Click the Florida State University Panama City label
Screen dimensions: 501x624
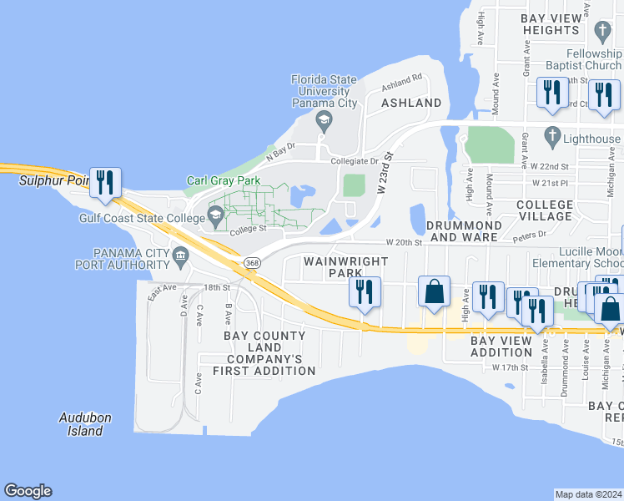tap(324, 91)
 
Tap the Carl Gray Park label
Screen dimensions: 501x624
tap(224, 180)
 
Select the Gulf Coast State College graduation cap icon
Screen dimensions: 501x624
tap(215, 217)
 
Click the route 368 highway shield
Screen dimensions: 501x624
tap(251, 263)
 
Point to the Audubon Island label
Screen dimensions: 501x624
tap(85, 424)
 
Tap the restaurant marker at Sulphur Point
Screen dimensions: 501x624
tap(105, 183)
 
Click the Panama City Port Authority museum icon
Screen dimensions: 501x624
tap(180, 255)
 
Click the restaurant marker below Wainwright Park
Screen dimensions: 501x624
tap(365, 292)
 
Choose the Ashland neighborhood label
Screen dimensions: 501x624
tap(410, 103)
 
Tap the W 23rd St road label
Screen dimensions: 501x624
tap(385, 172)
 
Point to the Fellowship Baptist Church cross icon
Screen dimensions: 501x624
tap(602, 33)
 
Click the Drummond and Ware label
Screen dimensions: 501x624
tap(464, 231)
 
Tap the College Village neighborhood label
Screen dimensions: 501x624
tap(545, 210)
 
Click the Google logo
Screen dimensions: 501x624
tap(28, 491)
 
